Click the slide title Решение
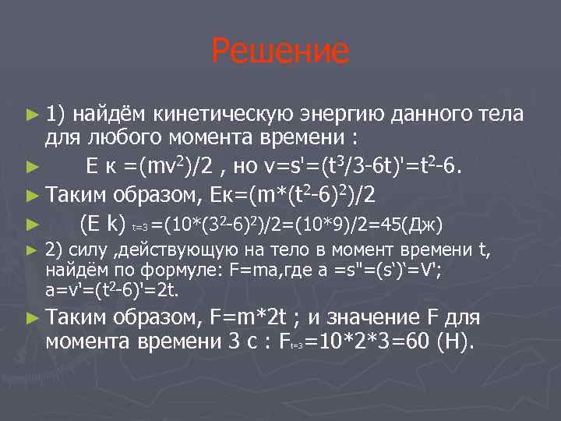[280, 52]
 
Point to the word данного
[436, 115]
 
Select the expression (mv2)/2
[171, 166]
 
